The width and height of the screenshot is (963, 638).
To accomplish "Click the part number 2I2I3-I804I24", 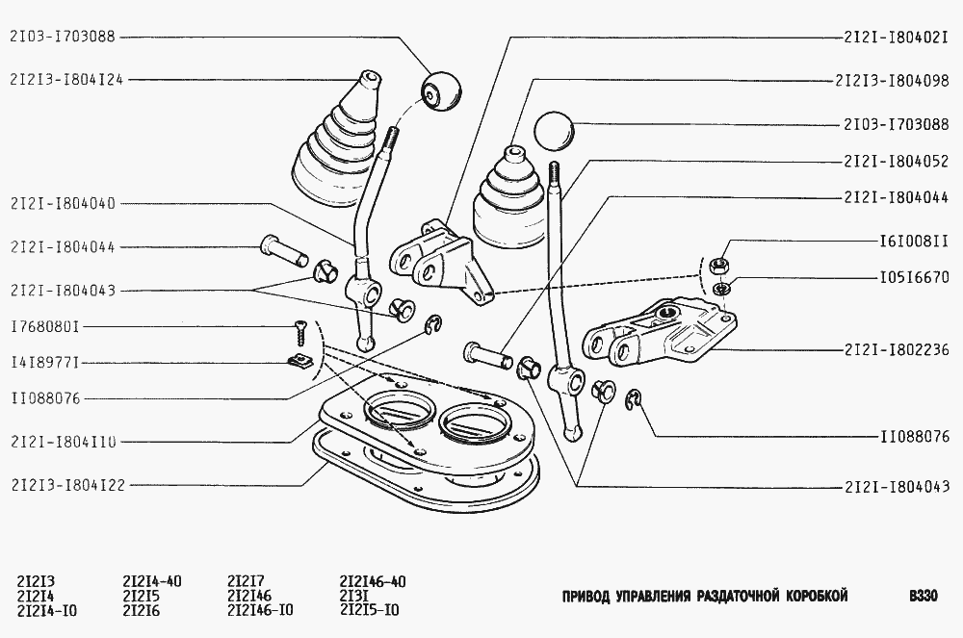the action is (x=66, y=79).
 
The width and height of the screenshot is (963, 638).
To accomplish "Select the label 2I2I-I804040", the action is (x=63, y=203).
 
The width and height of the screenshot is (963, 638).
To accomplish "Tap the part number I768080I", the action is (x=45, y=327).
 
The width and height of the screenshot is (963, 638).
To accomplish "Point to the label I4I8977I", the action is (x=45, y=363).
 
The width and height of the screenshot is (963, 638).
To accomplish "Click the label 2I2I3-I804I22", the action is (x=67, y=485).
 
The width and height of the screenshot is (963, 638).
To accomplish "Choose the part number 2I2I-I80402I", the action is (x=896, y=38).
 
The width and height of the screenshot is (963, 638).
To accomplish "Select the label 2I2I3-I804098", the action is (x=892, y=81).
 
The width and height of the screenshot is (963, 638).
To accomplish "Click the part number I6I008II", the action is (x=914, y=241).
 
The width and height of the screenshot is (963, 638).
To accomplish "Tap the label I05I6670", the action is (x=914, y=277).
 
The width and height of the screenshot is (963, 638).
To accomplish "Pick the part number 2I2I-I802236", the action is (x=896, y=350).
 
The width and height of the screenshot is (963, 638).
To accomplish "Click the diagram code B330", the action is (x=924, y=596).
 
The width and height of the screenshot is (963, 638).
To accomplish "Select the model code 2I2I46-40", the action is (x=372, y=581).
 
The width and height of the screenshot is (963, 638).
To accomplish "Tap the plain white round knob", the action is (x=554, y=130).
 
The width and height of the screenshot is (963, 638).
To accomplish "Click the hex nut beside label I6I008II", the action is (x=719, y=267).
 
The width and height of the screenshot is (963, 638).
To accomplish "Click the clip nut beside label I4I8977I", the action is (x=301, y=363).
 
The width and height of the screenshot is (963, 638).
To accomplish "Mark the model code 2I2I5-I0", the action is (x=369, y=610).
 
